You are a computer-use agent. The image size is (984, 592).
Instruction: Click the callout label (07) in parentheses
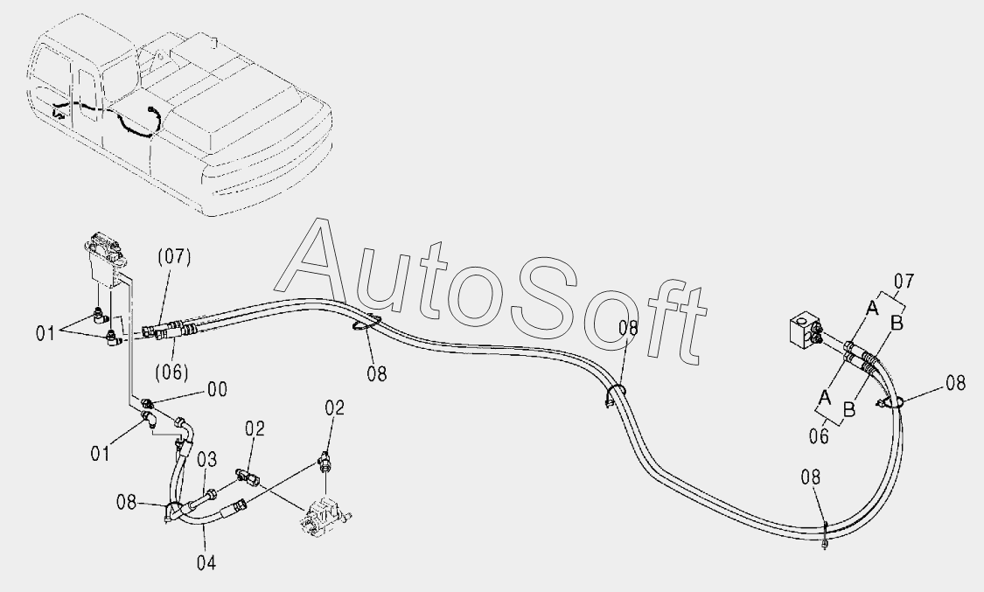(174, 257)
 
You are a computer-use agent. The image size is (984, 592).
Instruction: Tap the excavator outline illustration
(175, 114)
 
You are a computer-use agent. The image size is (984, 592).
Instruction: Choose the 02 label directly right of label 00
(254, 428)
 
